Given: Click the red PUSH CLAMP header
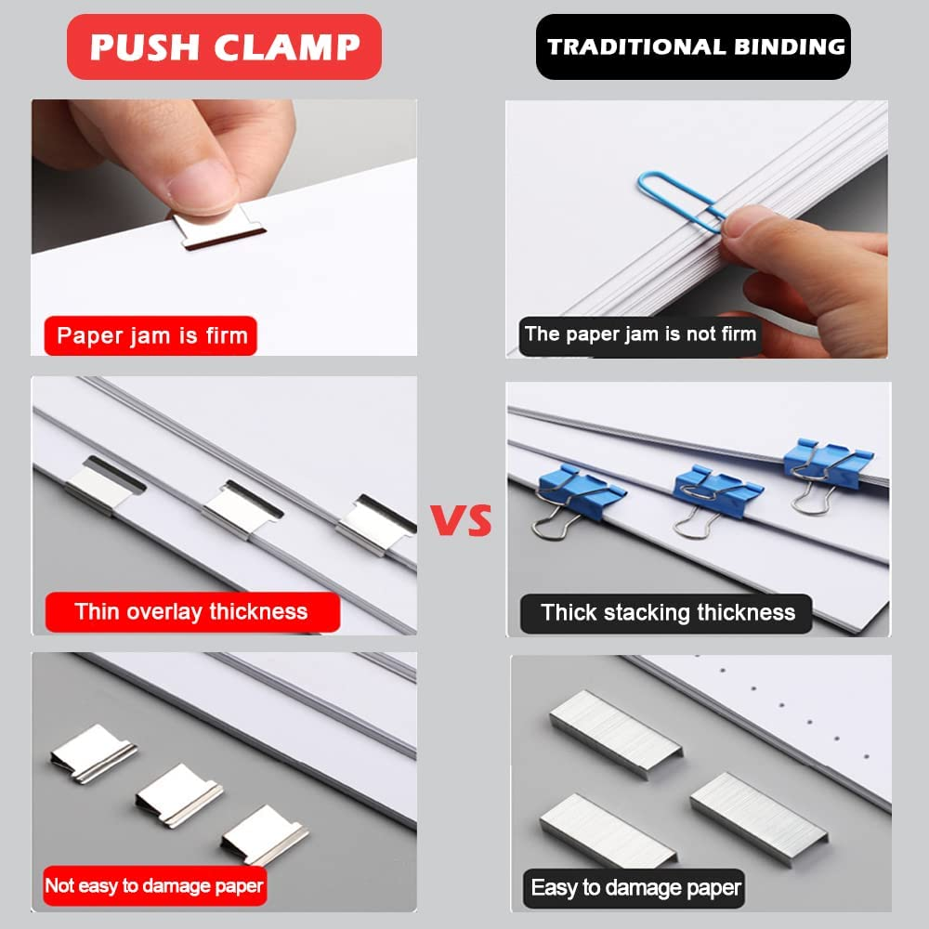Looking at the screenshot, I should [224, 46].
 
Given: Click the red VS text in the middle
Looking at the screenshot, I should [462, 521].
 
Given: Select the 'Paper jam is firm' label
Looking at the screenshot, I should [150, 335].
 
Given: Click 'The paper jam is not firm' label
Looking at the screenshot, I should [639, 334].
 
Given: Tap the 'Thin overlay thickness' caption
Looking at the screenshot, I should [191, 611].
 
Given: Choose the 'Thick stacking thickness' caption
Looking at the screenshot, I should [667, 612].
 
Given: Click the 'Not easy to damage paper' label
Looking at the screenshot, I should [154, 885].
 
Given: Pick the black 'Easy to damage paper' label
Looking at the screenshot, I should [635, 887].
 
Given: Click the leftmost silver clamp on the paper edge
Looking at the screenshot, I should [104, 483].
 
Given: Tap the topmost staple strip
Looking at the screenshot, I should [614, 732].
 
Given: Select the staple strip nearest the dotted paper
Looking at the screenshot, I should [751, 804].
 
